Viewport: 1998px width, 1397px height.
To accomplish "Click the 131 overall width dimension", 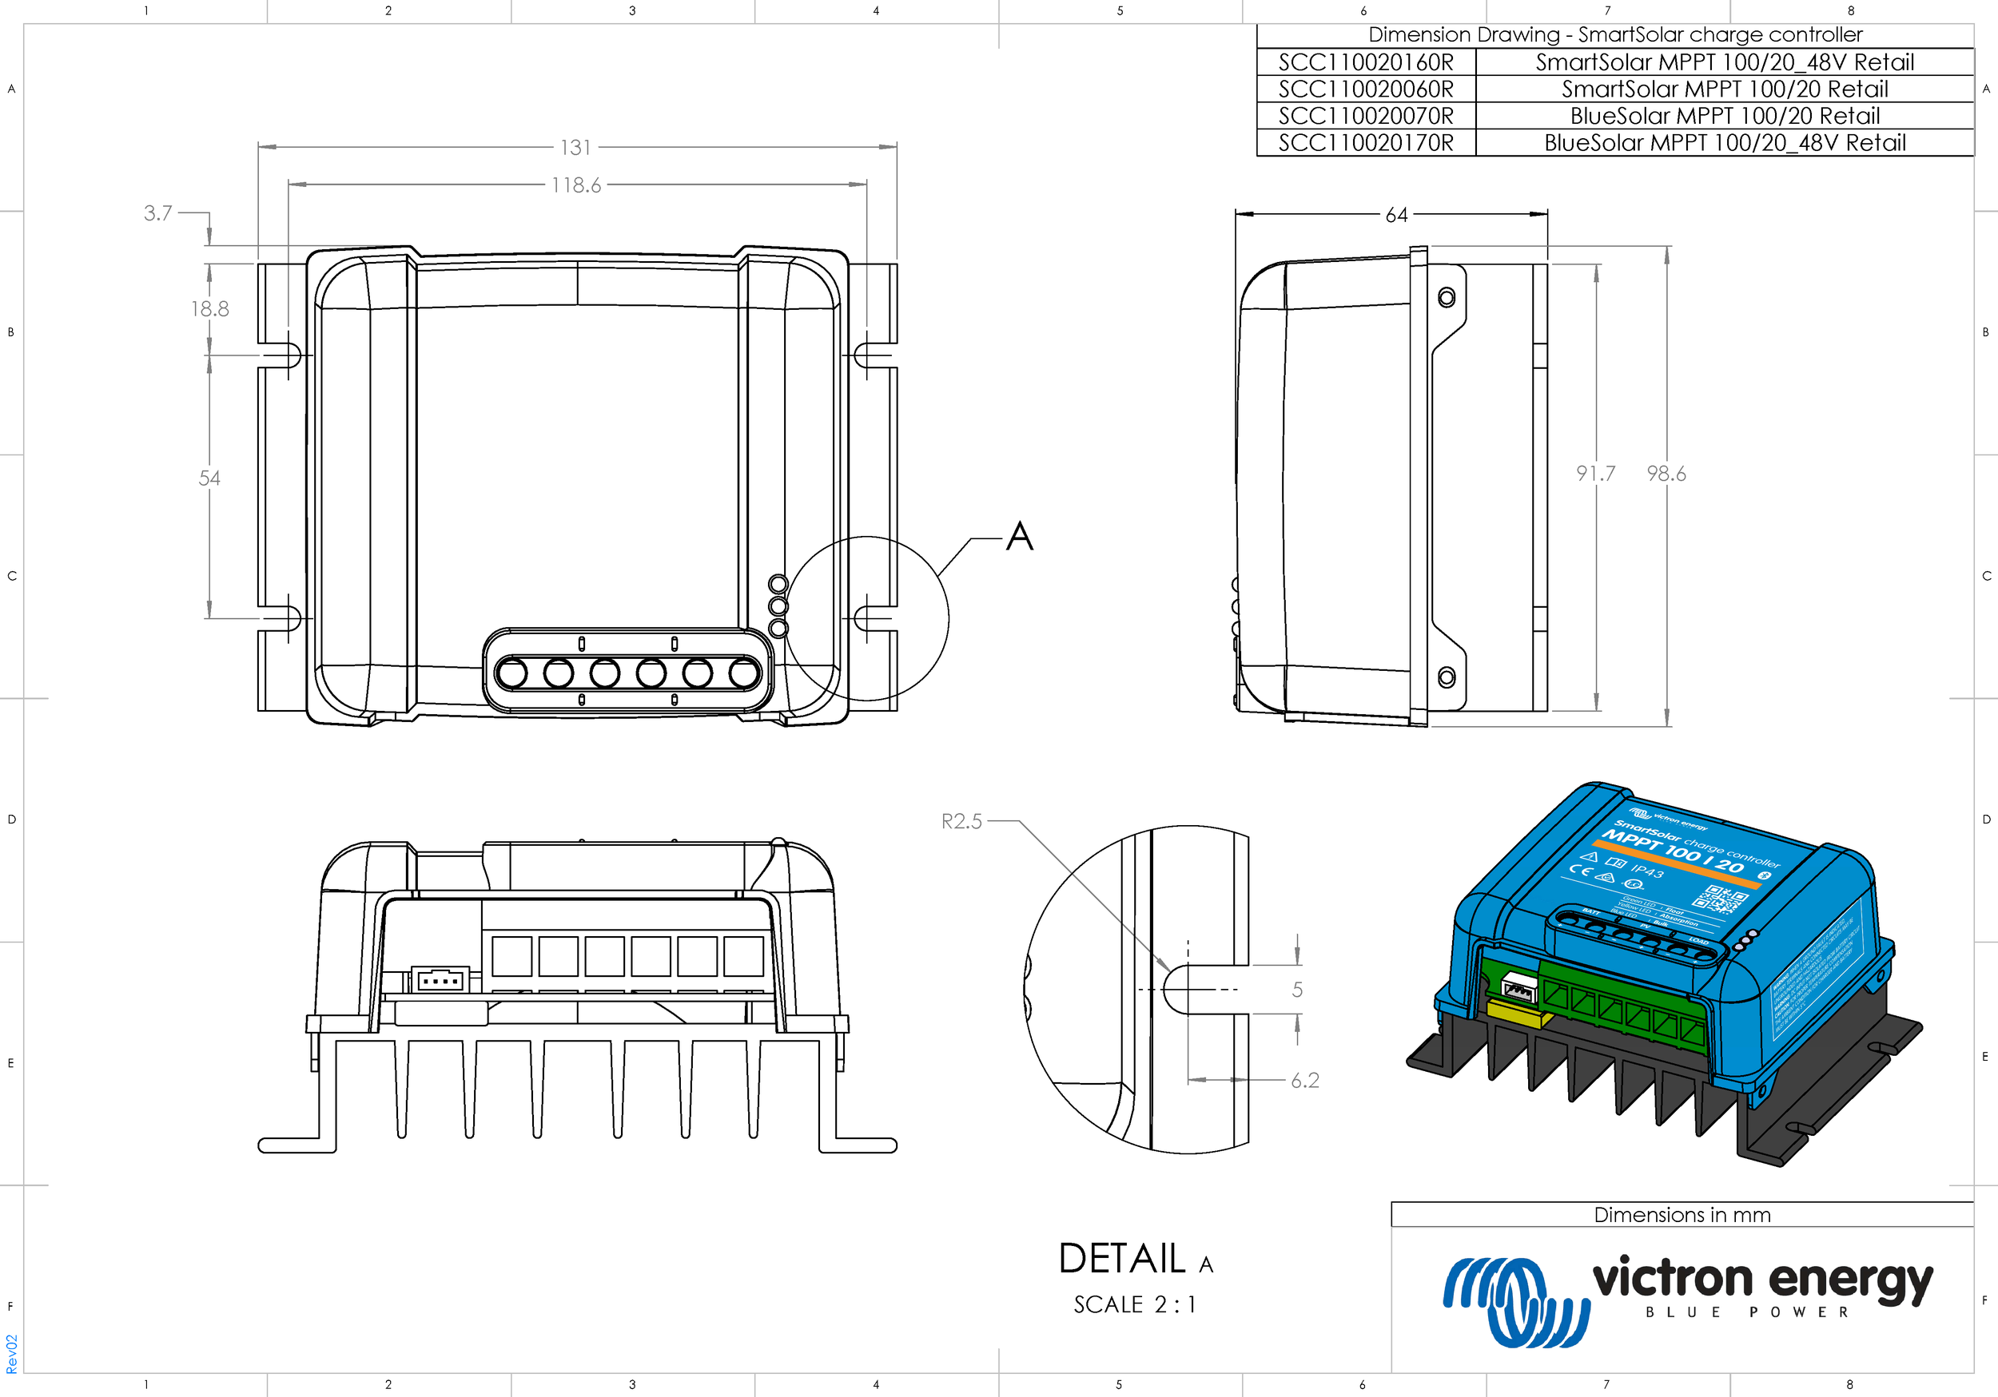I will [575, 147].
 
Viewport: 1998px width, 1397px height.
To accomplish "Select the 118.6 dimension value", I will [575, 185].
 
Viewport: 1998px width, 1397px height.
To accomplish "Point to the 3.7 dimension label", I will [157, 213].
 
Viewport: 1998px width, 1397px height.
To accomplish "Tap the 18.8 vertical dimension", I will [209, 309].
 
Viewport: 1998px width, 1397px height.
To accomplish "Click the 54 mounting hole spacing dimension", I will [209, 478].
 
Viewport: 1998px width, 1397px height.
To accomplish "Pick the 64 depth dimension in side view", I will [1396, 215].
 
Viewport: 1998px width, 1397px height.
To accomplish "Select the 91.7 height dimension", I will [1595, 473].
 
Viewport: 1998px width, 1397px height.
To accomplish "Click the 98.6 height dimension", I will [1666, 473].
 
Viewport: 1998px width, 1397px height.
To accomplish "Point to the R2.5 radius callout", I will [961, 821].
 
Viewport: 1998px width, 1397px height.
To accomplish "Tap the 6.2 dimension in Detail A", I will [1304, 1081].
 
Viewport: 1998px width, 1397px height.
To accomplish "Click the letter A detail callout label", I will [1020, 536].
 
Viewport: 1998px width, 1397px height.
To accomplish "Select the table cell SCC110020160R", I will [1365, 62].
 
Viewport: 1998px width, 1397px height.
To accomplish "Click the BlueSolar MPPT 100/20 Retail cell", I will [1724, 116].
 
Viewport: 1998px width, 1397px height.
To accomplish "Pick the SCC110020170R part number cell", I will [1365, 143].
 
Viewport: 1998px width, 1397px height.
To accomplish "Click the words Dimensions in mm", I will [1682, 1215].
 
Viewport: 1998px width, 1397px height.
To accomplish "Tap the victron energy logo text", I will [1761, 1280].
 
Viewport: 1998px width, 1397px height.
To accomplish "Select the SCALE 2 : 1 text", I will [1134, 1305].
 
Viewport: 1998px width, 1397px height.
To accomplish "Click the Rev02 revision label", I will [11, 1354].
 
